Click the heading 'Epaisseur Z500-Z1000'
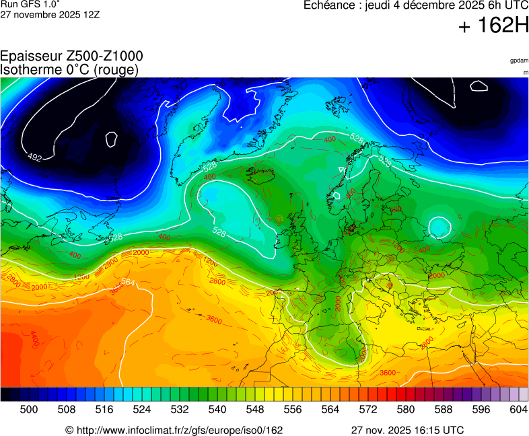(71, 57)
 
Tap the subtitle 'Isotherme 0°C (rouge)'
(69, 69)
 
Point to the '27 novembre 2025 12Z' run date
(50, 14)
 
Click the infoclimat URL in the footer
(174, 430)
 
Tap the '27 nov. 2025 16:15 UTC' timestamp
(407, 430)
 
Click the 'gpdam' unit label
(519, 61)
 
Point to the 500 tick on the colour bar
(29, 409)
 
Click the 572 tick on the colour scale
(368, 409)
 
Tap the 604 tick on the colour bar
(518, 409)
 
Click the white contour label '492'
(34, 157)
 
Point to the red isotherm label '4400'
(34, 334)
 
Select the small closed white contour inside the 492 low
(112, 139)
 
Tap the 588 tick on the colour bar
(444, 409)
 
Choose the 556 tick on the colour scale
(293, 409)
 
